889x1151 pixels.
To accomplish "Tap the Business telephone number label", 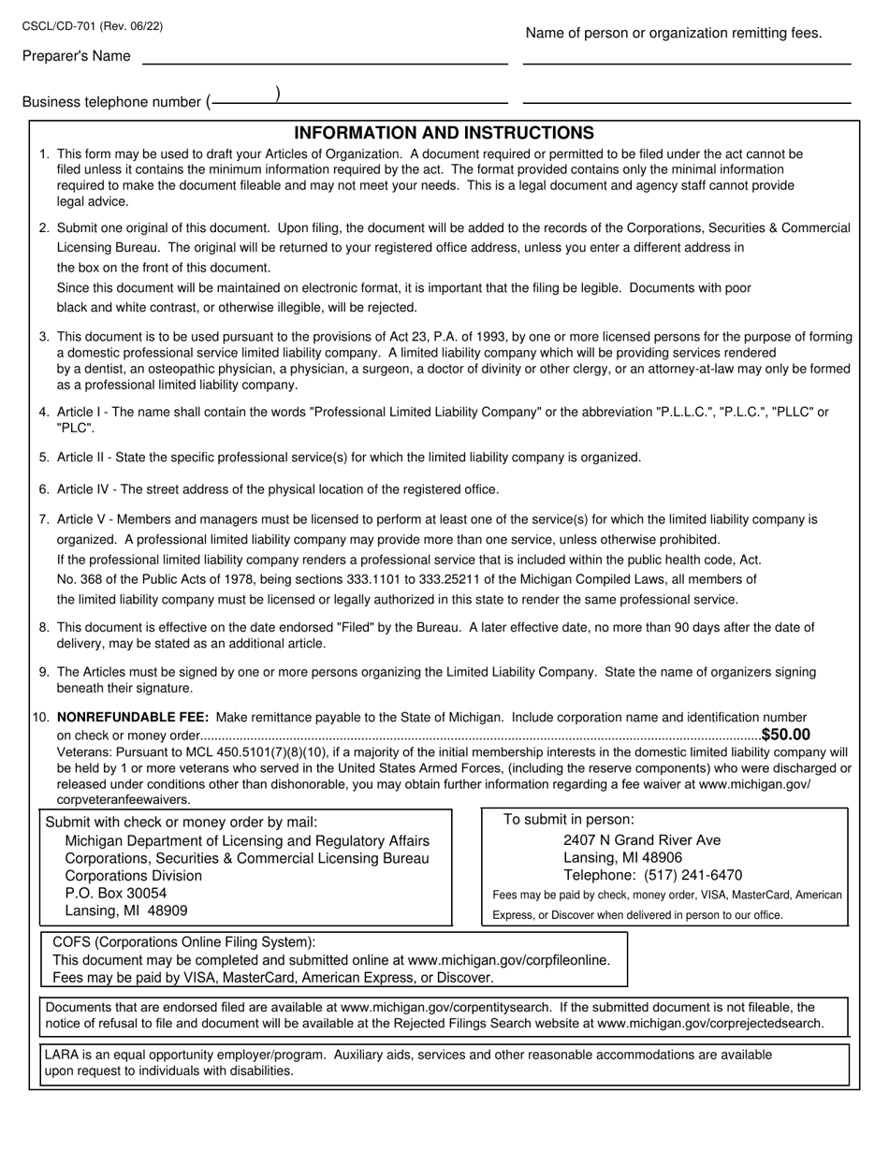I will [x=111, y=102].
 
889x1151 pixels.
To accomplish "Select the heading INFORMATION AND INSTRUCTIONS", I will [x=444, y=133].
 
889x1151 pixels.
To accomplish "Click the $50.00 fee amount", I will [x=786, y=736].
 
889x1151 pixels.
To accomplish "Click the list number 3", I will [x=44, y=337].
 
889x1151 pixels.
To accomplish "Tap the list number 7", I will [x=44, y=519].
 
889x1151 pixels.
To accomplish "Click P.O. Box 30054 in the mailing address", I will [x=116, y=893].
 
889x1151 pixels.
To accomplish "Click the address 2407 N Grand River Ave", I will [x=642, y=840].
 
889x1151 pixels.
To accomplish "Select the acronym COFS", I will [x=75, y=942].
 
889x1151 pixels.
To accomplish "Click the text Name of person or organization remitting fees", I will [x=674, y=34].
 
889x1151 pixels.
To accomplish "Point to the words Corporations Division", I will [x=134, y=876].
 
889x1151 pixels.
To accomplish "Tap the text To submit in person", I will [x=568, y=820].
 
